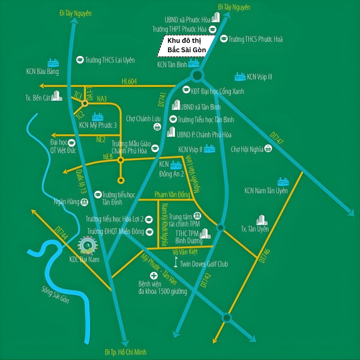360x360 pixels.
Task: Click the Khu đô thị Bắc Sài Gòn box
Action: (x=186, y=46)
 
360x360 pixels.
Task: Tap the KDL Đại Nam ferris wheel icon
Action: (x=87, y=246)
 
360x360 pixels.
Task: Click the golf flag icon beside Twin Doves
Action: (x=176, y=262)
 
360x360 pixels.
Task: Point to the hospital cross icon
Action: (x=154, y=276)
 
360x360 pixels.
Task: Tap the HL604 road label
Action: (x=129, y=82)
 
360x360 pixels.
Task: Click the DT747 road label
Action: (x=277, y=138)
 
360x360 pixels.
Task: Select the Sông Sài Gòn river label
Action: (x=55, y=294)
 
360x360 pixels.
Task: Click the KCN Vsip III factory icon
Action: (x=240, y=77)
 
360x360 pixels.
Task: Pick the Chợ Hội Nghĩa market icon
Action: (x=268, y=148)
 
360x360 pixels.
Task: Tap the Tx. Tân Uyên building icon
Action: (x=262, y=220)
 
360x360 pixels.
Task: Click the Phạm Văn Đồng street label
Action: (x=172, y=195)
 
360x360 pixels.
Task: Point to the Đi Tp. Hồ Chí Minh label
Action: (x=126, y=352)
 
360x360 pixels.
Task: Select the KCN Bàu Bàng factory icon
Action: (x=53, y=63)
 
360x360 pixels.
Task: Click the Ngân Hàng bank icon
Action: (x=85, y=202)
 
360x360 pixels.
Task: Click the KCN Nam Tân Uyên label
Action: (x=266, y=191)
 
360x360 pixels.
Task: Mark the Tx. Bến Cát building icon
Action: (x=57, y=96)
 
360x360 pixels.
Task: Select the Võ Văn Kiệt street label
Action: (x=185, y=252)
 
